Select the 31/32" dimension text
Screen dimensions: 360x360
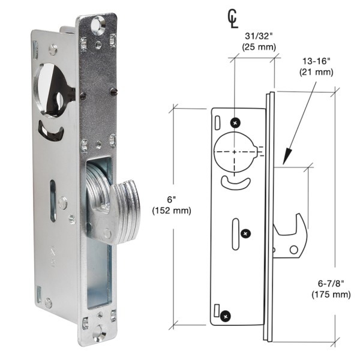pos(254,34)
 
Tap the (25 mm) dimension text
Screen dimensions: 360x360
pos(254,45)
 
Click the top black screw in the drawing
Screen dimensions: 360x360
pos(235,122)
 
